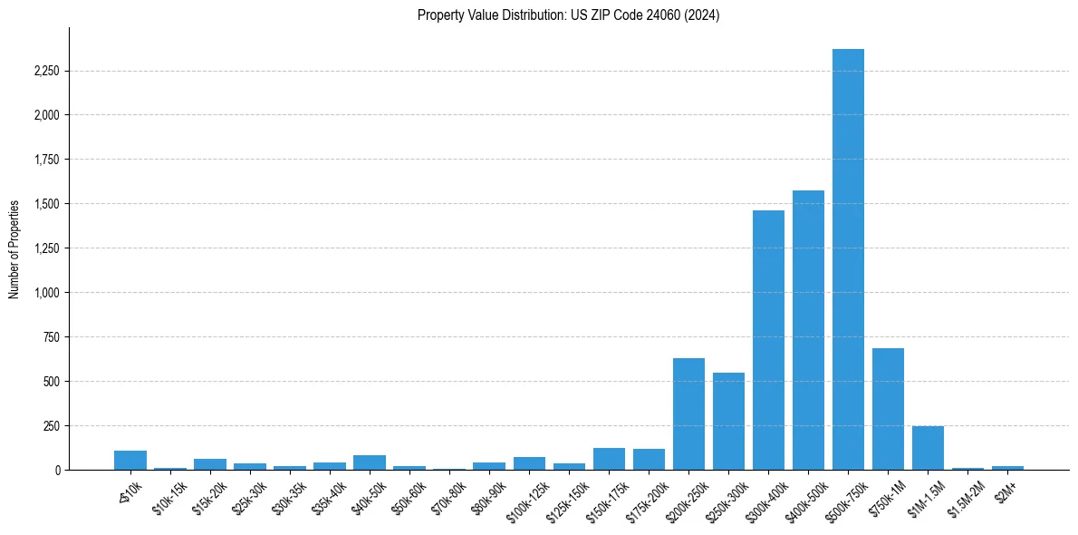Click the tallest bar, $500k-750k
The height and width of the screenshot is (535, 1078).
(x=848, y=259)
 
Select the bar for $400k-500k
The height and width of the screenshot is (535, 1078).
(x=808, y=330)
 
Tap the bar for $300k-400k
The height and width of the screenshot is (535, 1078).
(x=768, y=340)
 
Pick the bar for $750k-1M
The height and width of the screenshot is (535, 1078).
(x=888, y=409)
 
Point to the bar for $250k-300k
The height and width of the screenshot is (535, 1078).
(x=728, y=422)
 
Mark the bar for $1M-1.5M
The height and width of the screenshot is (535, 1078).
(x=928, y=448)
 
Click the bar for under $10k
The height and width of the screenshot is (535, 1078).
(x=130, y=461)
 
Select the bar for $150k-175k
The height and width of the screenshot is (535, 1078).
(x=609, y=459)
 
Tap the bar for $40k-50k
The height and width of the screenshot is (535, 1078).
(x=370, y=462)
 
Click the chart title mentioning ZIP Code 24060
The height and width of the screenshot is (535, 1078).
(x=568, y=15)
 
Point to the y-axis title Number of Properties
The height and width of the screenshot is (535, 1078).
(x=14, y=248)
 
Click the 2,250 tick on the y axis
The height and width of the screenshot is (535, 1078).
(x=45, y=71)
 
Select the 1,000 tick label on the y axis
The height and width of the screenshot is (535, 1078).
(x=45, y=293)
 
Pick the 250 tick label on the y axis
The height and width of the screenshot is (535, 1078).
(x=51, y=426)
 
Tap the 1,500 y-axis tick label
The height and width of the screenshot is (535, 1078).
(x=45, y=204)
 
